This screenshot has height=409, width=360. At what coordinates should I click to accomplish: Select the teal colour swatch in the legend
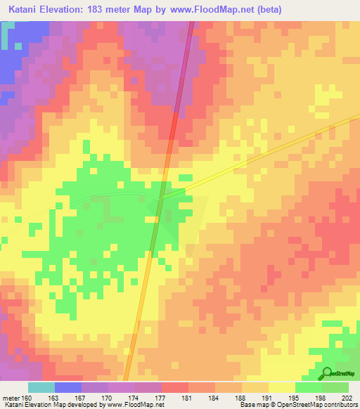pyautogui.click(x=41, y=388)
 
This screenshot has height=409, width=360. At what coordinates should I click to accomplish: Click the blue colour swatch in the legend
pyautogui.click(x=67, y=388)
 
